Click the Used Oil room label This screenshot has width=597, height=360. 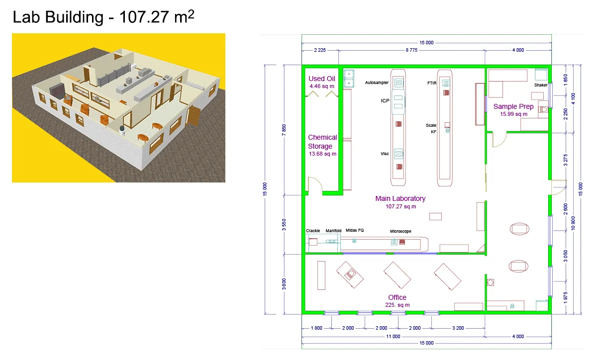322,79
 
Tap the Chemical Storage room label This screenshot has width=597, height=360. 322,142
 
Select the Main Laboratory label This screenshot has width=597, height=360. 400,198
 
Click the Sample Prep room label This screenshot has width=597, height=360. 513,106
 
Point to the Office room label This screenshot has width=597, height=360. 397,297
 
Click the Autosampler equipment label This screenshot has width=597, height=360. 377,83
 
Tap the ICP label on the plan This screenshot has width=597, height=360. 385,101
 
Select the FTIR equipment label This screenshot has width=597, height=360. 432,83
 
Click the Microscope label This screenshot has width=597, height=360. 400,231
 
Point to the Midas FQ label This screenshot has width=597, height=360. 355,230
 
